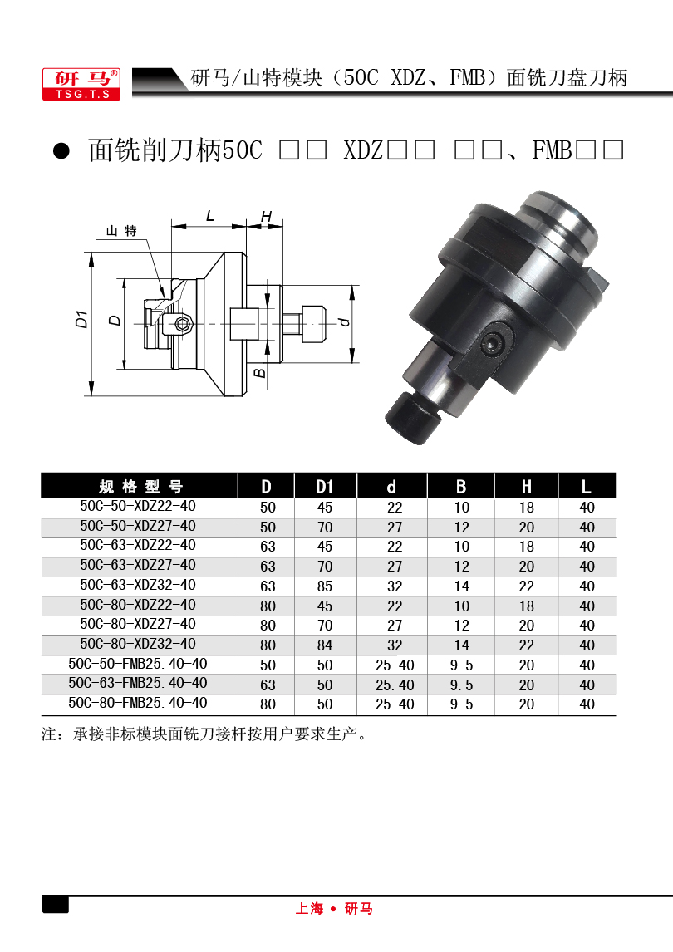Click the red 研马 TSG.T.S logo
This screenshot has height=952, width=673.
[x=81, y=84]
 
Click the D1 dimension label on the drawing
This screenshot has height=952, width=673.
[x=81, y=319]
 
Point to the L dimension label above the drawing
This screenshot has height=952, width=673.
[x=210, y=215]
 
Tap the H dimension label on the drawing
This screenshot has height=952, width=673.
[x=266, y=216]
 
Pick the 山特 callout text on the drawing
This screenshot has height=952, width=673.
[x=121, y=231]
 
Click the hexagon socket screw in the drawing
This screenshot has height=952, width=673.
[x=182, y=324]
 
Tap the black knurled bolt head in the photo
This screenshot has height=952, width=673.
[x=411, y=418]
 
